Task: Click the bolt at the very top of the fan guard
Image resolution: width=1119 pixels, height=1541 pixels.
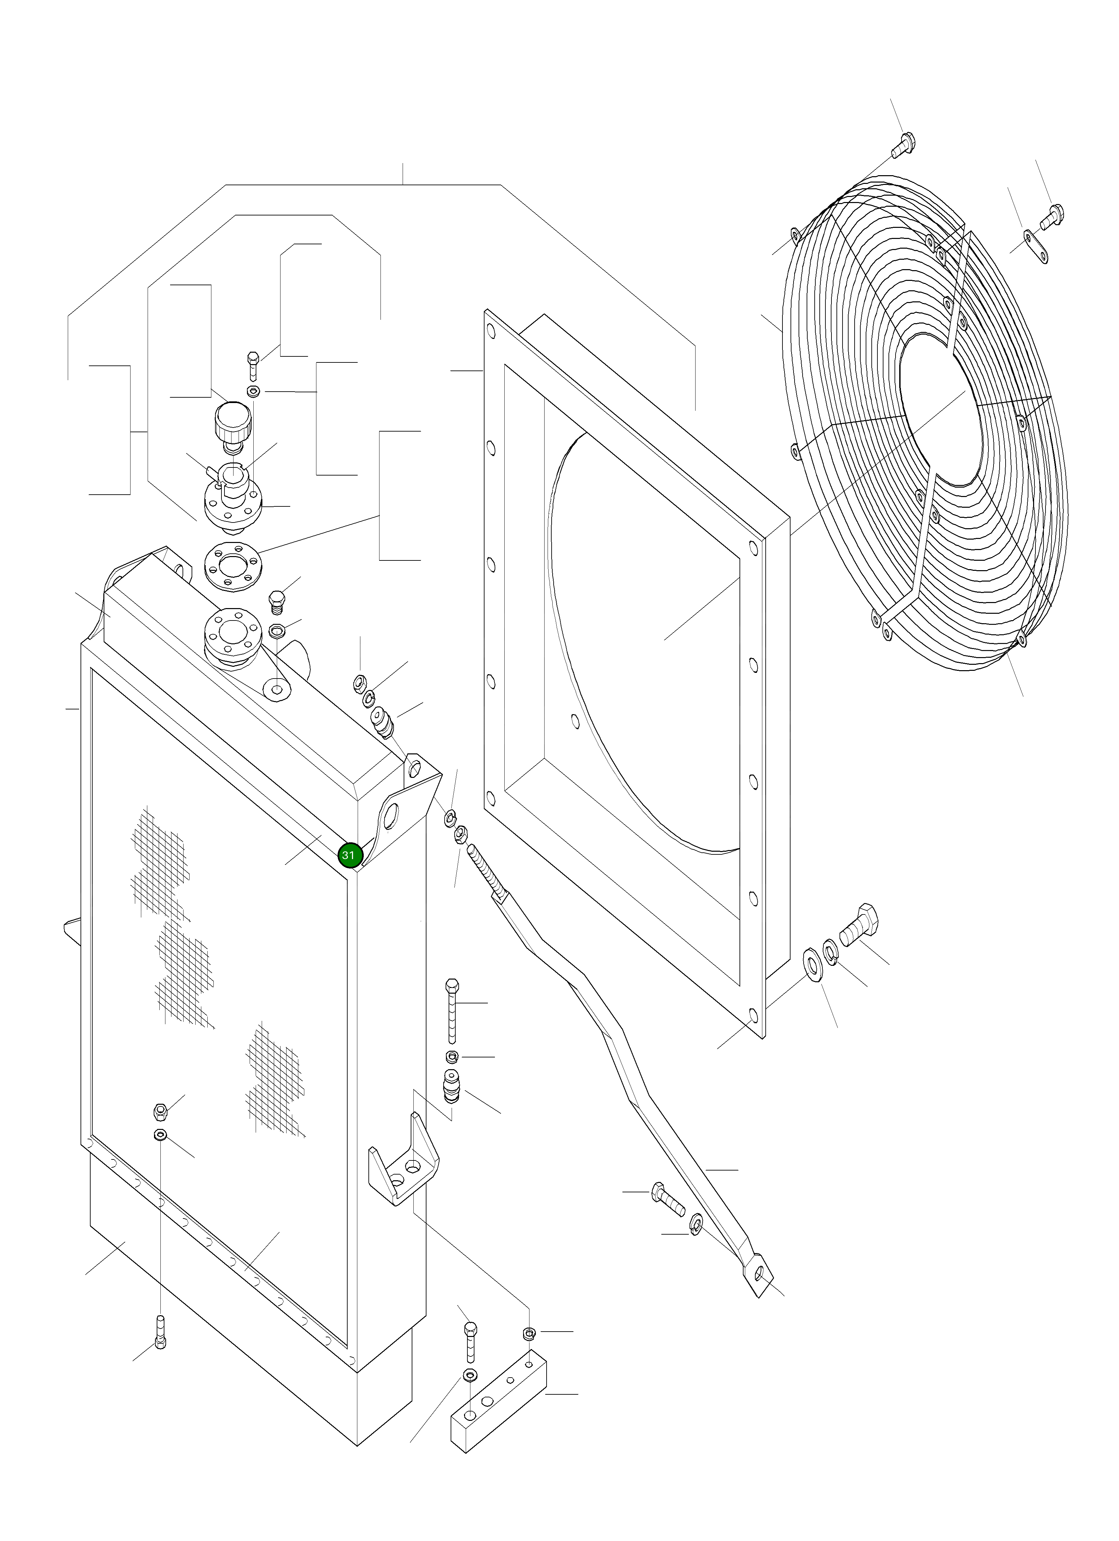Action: coord(904,143)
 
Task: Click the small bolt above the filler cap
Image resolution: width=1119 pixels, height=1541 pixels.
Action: coord(253,365)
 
